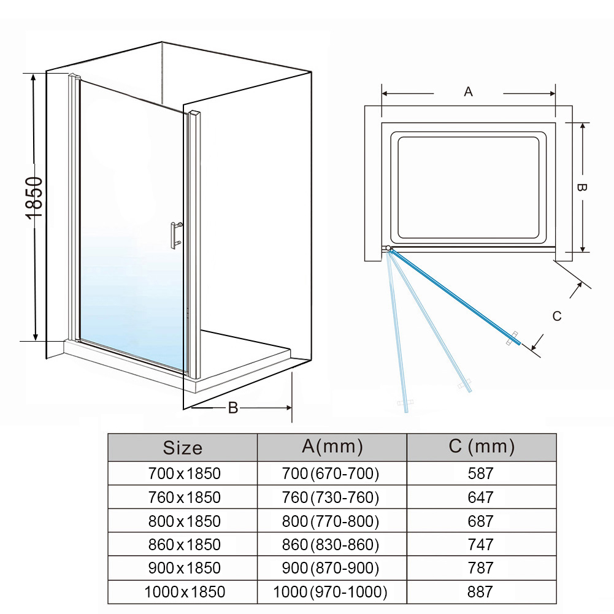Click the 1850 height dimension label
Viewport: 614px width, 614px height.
click(x=34, y=198)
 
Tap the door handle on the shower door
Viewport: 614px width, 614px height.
click(x=176, y=234)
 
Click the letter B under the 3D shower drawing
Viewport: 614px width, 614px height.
click(x=233, y=408)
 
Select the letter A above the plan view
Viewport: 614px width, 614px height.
click(x=468, y=92)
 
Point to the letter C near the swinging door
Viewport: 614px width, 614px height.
click(x=557, y=317)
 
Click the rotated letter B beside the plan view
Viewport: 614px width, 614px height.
click(x=583, y=188)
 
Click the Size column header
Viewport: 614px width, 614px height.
click(x=182, y=448)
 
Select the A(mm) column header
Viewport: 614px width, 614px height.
click(x=332, y=447)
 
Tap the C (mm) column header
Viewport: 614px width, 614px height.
click(x=482, y=447)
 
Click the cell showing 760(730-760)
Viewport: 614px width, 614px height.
click(x=332, y=497)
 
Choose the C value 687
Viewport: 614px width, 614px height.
click(x=480, y=521)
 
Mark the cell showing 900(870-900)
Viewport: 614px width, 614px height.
click(x=332, y=568)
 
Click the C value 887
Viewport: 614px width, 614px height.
click(x=480, y=592)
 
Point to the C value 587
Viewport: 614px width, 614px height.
click(x=480, y=474)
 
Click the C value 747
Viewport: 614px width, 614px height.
click(x=480, y=544)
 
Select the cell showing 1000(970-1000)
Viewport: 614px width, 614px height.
click(x=332, y=592)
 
